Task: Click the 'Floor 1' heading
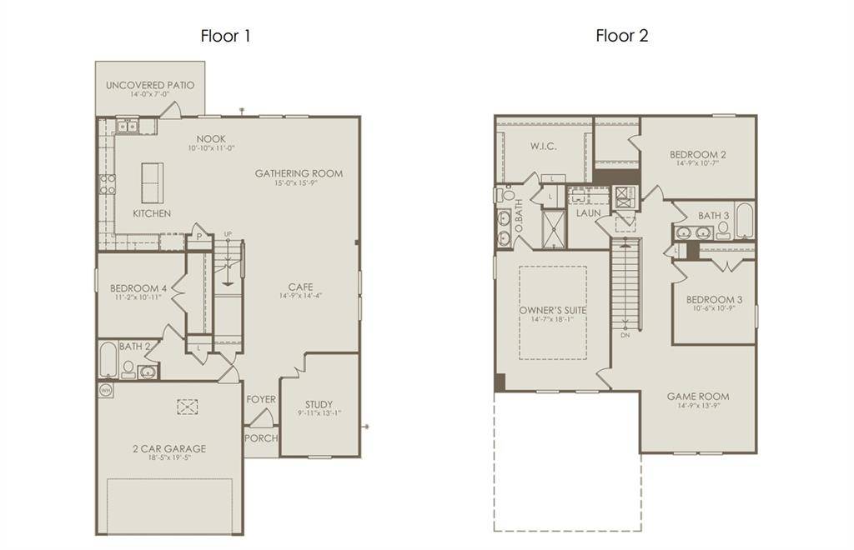tap(225, 36)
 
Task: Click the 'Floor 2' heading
tap(621, 36)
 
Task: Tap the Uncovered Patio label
tap(150, 85)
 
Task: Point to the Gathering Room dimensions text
tap(299, 183)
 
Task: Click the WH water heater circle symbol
tap(106, 389)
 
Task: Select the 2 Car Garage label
tap(168, 448)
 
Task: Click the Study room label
tap(319, 404)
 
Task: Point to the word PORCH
tap(261, 438)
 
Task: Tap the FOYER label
tap(261, 399)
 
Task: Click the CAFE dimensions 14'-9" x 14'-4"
tap(300, 295)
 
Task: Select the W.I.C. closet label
tap(543, 146)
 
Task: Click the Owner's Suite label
tap(553, 310)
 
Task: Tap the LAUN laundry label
tap(589, 212)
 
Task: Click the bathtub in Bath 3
tap(744, 221)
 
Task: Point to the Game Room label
tap(698, 397)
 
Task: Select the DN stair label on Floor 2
tap(625, 335)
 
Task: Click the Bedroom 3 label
tap(714, 299)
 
